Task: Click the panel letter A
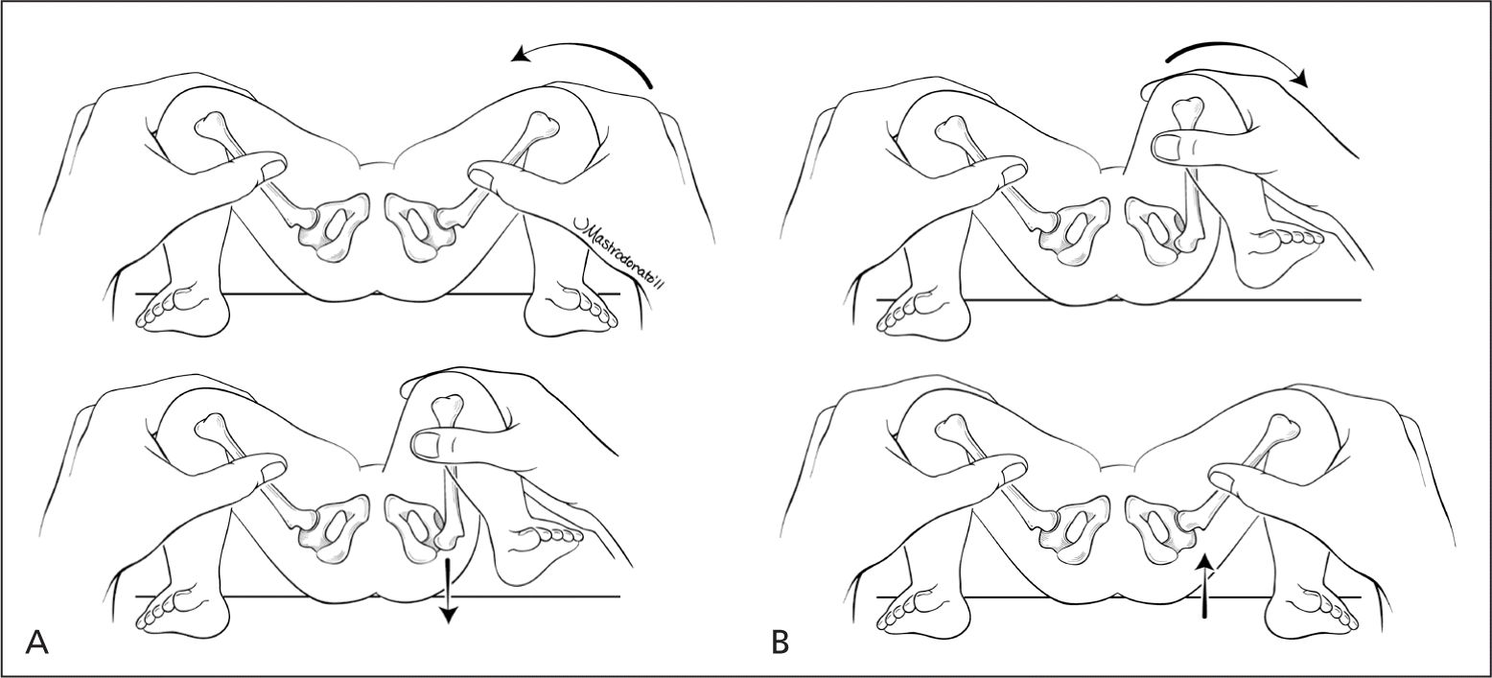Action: coord(35,642)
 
